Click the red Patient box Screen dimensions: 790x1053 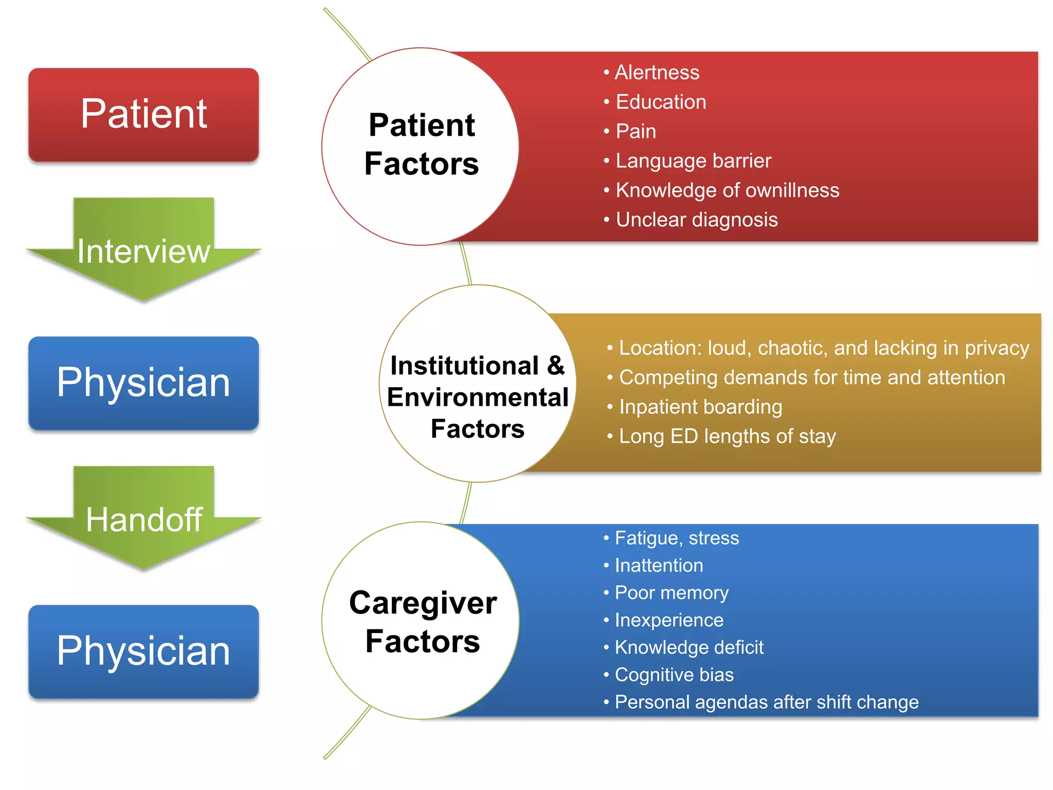143,114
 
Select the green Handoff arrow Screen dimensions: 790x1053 143,519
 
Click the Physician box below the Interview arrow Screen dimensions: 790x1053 143,383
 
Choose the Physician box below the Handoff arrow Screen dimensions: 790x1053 143,651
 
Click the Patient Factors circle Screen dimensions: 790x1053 421,146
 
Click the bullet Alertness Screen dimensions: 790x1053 657,73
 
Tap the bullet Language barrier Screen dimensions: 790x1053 693,161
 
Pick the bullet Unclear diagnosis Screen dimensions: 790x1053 696,220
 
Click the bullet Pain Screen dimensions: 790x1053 636,132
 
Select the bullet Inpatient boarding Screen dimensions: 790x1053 700,407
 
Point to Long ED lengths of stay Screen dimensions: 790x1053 727,436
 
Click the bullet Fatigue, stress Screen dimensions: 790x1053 677,538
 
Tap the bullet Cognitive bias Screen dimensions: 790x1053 674,675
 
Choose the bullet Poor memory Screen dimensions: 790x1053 671,593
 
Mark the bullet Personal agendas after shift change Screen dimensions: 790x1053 766,702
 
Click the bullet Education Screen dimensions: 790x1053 661,102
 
